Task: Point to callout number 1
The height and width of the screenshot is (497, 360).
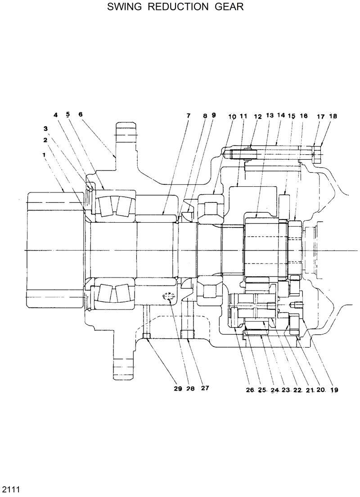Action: point(45,154)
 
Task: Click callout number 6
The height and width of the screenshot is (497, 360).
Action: point(81,114)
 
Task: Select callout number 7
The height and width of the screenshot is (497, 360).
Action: point(188,116)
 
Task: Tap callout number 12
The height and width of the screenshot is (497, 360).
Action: point(258,116)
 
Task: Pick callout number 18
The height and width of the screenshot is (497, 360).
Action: point(333,116)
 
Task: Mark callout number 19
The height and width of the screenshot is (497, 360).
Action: point(334,390)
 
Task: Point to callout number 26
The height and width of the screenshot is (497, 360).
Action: point(250,390)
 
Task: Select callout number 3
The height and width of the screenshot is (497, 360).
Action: point(45,128)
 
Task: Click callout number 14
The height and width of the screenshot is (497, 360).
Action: point(281,116)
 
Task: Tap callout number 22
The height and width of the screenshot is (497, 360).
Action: point(297,390)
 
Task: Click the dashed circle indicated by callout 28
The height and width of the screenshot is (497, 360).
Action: point(169,296)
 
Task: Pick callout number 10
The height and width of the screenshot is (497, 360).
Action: point(232,116)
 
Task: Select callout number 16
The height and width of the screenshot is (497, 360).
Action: point(303,116)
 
